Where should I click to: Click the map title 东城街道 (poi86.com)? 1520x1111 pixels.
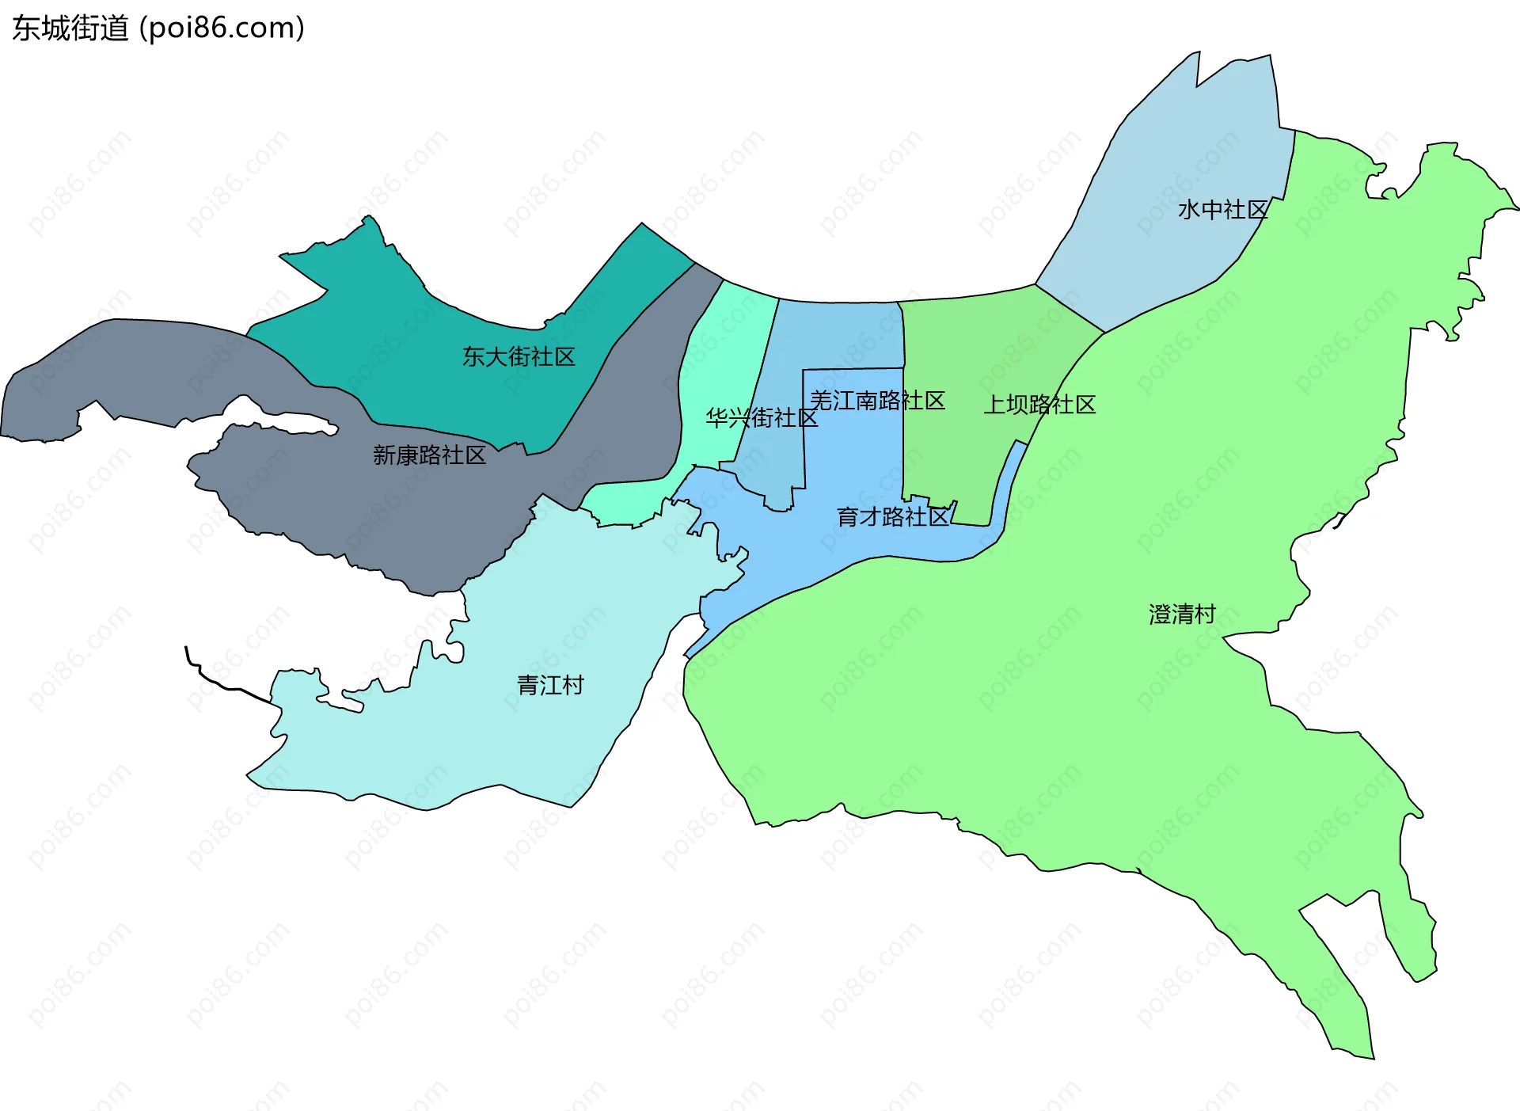click(158, 29)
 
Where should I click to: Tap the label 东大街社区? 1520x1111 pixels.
click(519, 356)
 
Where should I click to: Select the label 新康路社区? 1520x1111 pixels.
click(429, 455)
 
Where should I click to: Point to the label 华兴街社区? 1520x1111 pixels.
click(762, 417)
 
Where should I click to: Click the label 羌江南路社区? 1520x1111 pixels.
click(877, 401)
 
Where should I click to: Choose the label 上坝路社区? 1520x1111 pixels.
click(1039, 405)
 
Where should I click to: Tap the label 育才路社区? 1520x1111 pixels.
click(893, 517)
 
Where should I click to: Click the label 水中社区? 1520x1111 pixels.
click(1222, 210)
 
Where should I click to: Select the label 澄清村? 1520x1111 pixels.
click(1182, 614)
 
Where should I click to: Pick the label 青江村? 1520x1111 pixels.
click(550, 685)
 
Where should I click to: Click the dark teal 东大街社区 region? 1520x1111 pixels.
click(443, 317)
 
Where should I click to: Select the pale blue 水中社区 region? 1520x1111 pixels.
click(1172, 158)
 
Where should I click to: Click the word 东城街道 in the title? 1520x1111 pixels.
click(70, 29)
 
